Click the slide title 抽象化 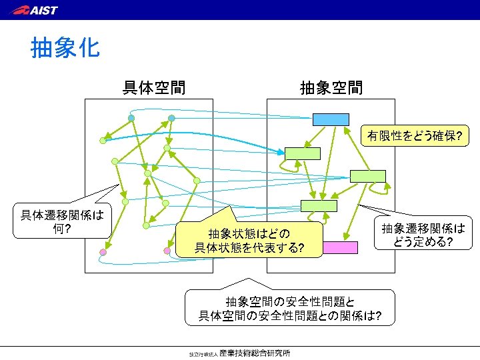(65, 48)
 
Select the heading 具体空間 (153, 87)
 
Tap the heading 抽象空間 (331, 87)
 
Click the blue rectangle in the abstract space (331, 119)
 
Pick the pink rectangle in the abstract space (340, 247)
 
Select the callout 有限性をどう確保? (415, 137)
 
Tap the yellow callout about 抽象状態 (248, 241)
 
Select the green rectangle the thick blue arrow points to (303, 153)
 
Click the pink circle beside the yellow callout (167, 251)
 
